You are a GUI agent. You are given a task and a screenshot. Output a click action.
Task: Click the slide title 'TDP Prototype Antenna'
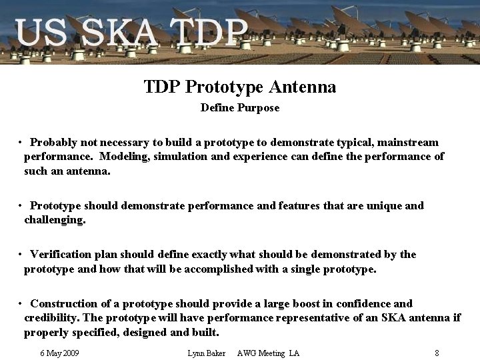pos(240,87)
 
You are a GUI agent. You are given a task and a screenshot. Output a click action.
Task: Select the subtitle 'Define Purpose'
pos(240,107)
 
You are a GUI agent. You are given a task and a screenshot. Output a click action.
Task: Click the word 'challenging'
pos(54,219)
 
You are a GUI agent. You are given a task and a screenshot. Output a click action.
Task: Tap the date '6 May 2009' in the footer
pos(59,353)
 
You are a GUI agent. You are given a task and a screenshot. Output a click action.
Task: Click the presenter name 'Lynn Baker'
pos(207,353)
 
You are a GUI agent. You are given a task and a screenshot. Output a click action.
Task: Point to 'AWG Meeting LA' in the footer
pos(268,353)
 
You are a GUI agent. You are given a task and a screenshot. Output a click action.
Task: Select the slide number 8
pos(436,353)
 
